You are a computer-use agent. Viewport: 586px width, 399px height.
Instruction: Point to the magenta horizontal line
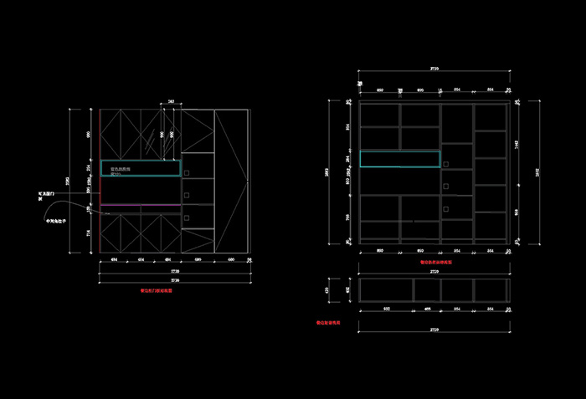coord(141,204)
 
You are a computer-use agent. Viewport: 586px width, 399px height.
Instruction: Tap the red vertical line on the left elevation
coord(100,180)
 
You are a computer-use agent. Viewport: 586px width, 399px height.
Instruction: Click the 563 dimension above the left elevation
coord(171,101)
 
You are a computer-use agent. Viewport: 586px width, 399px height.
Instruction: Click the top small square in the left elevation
coord(188,173)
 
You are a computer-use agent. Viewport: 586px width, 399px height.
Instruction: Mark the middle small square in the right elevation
coord(447,186)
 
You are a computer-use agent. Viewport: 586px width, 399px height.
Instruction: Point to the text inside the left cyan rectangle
coord(121,170)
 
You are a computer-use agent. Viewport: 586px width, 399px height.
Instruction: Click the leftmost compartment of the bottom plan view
coord(385,289)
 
